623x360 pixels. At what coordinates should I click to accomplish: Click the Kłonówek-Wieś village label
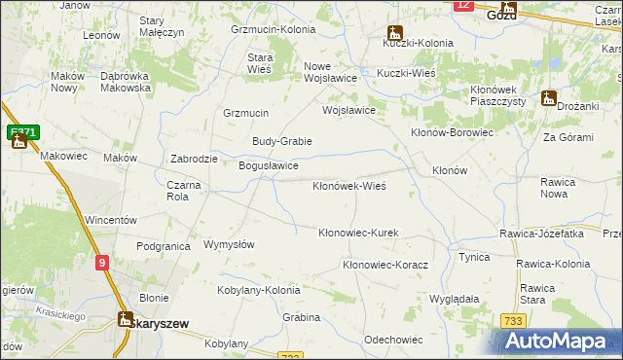coord(349,185)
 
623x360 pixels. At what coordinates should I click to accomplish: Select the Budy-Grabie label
coord(281,141)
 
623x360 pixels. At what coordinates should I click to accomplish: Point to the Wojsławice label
coord(348,110)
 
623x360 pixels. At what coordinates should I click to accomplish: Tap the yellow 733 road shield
coord(514,321)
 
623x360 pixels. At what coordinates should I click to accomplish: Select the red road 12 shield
coord(463,5)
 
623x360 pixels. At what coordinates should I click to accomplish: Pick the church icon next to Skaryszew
coord(124,318)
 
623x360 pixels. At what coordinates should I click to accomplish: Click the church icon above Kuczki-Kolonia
coord(394,31)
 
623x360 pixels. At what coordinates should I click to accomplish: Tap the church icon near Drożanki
coord(549,98)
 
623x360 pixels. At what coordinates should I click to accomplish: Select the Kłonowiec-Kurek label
coord(359,233)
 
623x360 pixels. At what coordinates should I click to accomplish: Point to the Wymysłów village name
coord(228,244)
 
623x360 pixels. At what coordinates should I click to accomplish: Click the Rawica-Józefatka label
coord(541,234)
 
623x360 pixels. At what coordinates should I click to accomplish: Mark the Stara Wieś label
coord(260,62)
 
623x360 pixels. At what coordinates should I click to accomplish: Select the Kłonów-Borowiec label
coord(453,132)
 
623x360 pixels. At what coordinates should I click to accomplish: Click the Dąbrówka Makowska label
coord(126,82)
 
